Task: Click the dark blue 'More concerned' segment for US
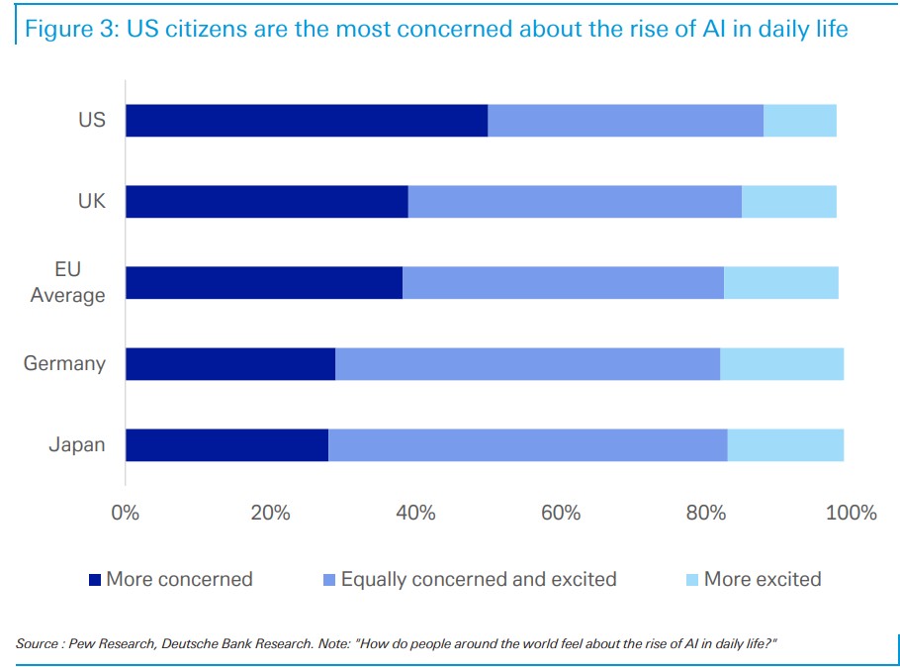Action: tap(307, 121)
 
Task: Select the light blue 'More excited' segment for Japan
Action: tap(785, 445)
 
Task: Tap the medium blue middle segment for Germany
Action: tap(527, 364)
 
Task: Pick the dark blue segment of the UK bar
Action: tap(267, 202)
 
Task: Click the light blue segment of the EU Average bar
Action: tap(781, 283)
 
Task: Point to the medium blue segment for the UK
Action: tap(575, 202)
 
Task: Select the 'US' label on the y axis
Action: tap(92, 121)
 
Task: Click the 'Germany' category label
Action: tap(64, 363)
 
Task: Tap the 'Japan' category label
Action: tap(77, 444)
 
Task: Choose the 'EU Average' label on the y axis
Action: tap(67, 282)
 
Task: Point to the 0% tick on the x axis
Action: tap(126, 513)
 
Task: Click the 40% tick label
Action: tap(415, 513)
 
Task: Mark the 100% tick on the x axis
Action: tap(851, 513)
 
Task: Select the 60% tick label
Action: tap(561, 513)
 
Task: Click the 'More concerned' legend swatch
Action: tap(95, 580)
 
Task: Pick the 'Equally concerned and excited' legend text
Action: tap(479, 579)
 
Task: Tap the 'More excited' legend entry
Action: tap(763, 579)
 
